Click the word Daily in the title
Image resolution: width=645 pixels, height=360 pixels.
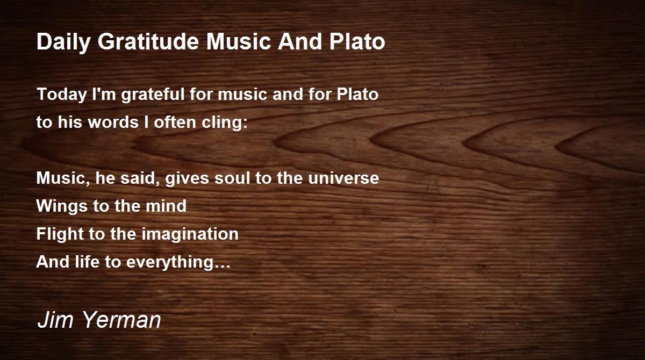(63, 42)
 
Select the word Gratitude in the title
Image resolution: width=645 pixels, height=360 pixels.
(148, 41)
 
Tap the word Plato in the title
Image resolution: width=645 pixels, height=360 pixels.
(357, 41)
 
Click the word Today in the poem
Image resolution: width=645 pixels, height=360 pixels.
(62, 95)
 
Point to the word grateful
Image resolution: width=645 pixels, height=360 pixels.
(153, 95)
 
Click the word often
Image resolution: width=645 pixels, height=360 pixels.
(175, 122)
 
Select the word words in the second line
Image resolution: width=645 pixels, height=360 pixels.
(113, 122)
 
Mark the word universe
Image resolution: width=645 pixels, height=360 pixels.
(343, 178)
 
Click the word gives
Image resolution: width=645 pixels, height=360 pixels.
(187, 179)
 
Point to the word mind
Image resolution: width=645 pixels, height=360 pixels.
(166, 206)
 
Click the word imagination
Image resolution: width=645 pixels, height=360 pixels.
(190, 234)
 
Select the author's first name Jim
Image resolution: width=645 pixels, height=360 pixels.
(55, 320)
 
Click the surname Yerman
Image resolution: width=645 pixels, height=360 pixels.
(122, 320)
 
